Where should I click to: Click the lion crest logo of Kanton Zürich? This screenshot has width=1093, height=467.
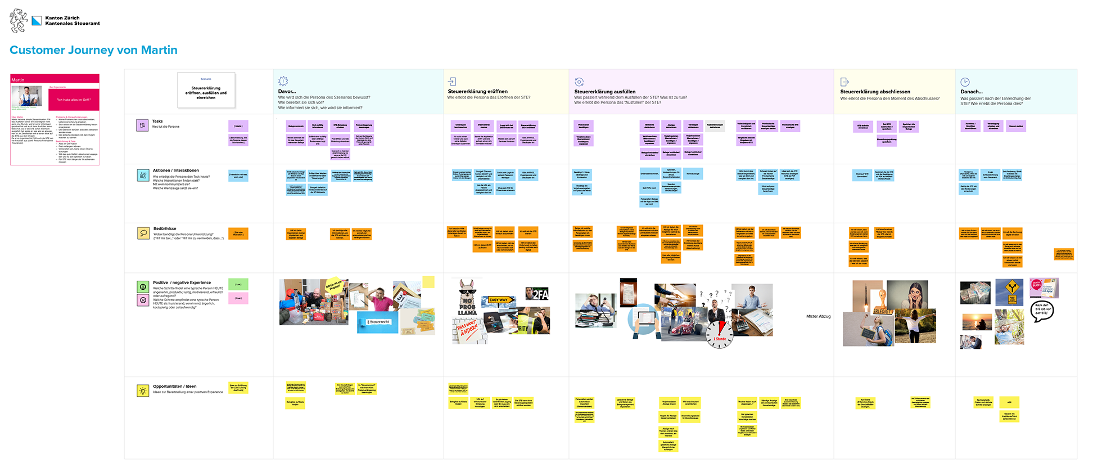(19, 20)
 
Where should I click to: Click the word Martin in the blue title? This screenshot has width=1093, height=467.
(159, 50)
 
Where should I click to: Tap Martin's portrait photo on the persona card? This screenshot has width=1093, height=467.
(27, 96)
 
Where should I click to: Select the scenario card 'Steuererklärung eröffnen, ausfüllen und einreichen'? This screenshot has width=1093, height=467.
(206, 90)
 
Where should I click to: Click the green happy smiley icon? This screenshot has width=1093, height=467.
(143, 287)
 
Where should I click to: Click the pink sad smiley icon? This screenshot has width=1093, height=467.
(143, 300)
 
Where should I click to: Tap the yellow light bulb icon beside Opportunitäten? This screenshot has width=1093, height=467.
(143, 390)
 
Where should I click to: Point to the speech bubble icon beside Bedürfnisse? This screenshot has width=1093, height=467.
(143, 233)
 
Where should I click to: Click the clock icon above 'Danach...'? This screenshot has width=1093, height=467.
(965, 82)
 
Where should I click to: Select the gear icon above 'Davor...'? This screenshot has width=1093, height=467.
(283, 81)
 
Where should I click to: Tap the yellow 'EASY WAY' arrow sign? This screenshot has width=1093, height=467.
(499, 300)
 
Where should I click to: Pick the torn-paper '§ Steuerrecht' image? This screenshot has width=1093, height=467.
(378, 322)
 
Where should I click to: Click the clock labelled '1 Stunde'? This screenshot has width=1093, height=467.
(719, 334)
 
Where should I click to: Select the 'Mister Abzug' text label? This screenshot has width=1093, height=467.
(818, 316)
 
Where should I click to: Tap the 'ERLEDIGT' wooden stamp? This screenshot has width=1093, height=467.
(882, 304)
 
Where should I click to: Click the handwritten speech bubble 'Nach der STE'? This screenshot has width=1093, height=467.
(1042, 310)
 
